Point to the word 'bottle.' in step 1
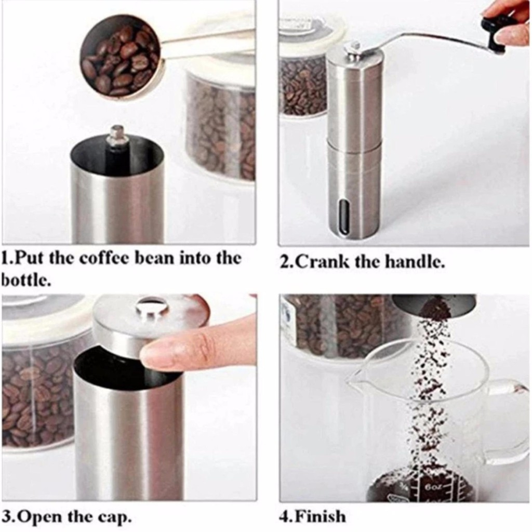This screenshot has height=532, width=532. tap(26, 280)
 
